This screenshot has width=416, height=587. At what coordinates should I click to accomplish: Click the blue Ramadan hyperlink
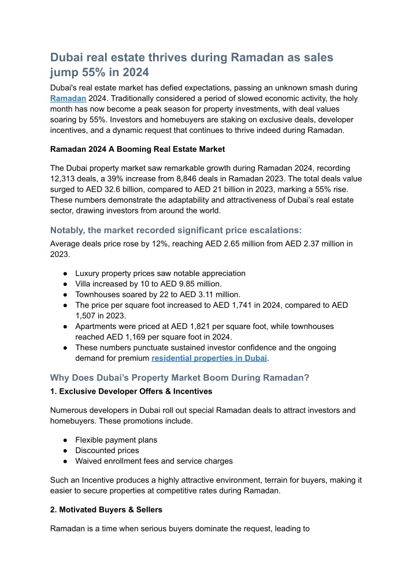coord(68,99)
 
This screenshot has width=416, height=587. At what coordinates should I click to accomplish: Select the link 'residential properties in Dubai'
coord(209,358)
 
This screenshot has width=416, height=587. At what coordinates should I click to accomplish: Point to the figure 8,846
coord(185,178)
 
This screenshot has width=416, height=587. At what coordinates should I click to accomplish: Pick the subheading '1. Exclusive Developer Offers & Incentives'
coord(131,391)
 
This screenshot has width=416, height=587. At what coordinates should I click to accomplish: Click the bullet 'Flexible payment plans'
coord(116,439)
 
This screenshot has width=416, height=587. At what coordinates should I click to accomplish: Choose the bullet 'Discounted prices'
coord(107,450)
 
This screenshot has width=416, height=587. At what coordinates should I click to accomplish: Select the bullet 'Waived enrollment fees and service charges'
coord(154,461)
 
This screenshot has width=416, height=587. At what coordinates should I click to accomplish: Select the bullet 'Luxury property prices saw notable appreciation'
coord(160,273)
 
